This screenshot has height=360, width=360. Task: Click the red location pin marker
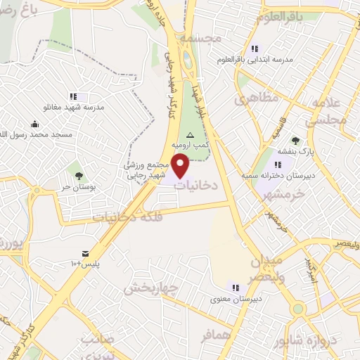click(x=181, y=166)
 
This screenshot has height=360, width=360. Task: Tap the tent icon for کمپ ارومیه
click(x=189, y=134)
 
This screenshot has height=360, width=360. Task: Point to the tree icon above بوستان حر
click(x=77, y=176)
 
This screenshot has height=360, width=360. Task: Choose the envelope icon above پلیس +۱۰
click(x=85, y=253)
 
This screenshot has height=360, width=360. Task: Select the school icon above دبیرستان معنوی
click(x=236, y=287)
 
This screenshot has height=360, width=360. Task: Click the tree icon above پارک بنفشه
click(x=295, y=140)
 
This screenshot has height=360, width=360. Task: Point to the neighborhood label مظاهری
click(x=252, y=101)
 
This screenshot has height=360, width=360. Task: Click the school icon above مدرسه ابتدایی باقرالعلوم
click(x=255, y=49)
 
